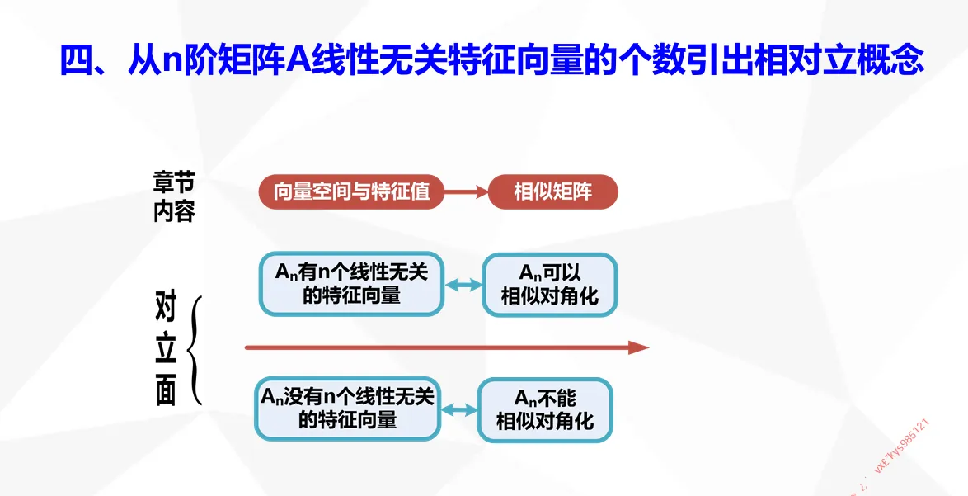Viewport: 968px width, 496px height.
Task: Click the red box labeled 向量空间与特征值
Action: pos(352,192)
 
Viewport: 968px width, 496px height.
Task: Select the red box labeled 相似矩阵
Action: pos(552,192)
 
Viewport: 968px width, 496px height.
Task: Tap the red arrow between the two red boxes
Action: pos(467,192)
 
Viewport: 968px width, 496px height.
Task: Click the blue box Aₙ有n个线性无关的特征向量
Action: pos(352,284)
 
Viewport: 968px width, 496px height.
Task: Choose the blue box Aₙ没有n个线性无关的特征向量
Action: pos(347,409)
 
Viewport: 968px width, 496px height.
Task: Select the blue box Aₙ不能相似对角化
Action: pos(545,409)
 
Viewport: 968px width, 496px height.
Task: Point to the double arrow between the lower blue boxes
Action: pos(459,409)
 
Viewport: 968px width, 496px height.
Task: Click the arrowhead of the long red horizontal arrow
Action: pos(640,347)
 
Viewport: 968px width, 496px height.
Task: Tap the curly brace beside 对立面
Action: pos(195,351)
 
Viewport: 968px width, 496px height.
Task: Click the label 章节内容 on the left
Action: pos(174,196)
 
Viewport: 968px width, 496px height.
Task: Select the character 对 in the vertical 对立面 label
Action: pos(167,307)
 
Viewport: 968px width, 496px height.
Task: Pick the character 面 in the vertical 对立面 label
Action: pos(167,392)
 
